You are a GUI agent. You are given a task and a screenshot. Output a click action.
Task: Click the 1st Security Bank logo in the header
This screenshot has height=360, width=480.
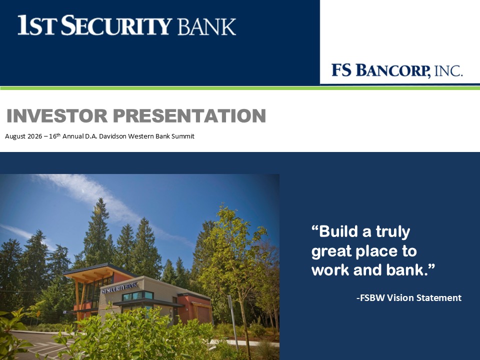126,25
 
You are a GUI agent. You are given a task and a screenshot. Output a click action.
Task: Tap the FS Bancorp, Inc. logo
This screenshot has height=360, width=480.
397,70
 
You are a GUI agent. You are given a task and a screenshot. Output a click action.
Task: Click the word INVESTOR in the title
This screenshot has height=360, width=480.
57,115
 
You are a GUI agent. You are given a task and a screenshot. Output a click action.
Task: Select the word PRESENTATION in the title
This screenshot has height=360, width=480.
189,115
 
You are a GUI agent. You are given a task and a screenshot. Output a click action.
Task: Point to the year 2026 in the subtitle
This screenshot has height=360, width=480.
34,136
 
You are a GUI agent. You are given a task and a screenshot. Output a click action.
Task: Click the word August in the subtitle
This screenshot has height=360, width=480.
15,136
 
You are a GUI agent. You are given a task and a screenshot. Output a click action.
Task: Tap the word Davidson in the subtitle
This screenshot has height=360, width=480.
112,136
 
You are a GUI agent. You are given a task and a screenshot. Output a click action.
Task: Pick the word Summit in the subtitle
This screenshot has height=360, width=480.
183,136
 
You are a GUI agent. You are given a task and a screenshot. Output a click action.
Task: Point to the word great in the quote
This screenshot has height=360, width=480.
331,251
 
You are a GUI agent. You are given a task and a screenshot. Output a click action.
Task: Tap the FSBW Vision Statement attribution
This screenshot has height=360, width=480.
409,297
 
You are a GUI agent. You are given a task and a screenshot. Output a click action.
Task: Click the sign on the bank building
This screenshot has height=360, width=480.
119,288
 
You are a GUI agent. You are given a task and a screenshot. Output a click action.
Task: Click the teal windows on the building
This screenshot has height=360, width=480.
138,295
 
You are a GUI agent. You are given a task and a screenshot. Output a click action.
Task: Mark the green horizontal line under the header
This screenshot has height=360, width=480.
240,88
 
